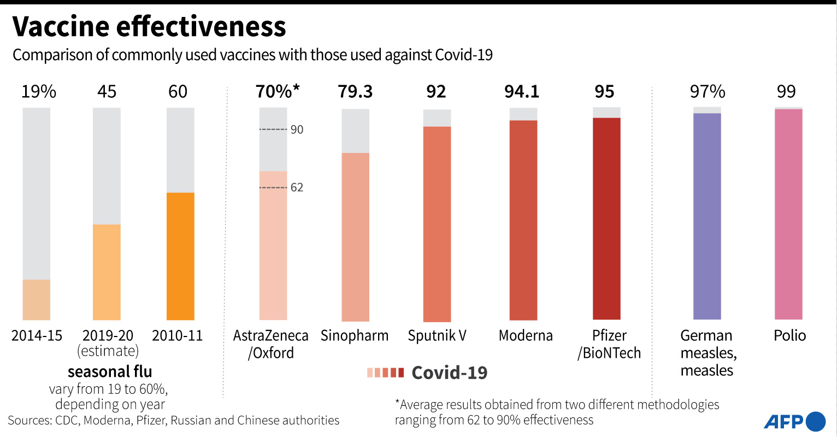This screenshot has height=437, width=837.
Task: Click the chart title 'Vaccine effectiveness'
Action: pos(149,26)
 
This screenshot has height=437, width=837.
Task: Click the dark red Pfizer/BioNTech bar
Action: pos(606,218)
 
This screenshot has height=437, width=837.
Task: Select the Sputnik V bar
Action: pos(437,224)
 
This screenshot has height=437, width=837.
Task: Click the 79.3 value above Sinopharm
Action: pos(355,92)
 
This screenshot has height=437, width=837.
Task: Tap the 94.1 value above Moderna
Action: pos(522,92)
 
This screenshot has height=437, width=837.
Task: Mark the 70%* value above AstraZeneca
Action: pos(278,91)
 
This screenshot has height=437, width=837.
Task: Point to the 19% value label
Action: pos(38,92)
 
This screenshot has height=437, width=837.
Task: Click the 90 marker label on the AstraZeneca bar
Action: pos(297,130)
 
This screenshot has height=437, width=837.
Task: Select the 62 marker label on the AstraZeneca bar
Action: pos(297,188)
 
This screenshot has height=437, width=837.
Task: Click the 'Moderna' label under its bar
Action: pos(526,335)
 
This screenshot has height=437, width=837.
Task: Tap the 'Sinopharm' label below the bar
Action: pos(355,335)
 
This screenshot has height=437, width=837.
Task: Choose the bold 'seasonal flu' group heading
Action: pos(110,372)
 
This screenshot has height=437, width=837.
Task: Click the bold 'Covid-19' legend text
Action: pos(449,373)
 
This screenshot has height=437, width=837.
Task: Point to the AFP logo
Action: pos(794,421)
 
